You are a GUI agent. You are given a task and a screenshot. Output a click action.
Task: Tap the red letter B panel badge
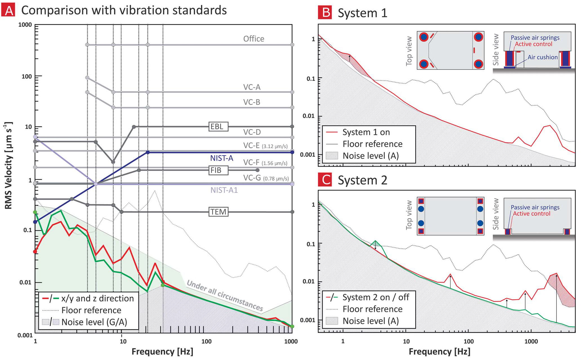(325, 13)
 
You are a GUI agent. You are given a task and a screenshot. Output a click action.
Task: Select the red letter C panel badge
(325, 180)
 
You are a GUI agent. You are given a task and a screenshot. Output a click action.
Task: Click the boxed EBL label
(218, 127)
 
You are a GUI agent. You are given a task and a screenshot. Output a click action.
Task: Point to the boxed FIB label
(218, 170)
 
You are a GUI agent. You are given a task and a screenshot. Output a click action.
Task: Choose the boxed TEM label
(218, 212)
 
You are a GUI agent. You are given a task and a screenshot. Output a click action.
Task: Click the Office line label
(254, 39)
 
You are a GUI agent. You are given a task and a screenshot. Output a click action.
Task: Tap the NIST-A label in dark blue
(221, 158)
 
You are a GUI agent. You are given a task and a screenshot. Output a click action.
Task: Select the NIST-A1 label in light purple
(224, 190)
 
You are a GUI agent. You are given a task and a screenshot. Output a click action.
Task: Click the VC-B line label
(252, 102)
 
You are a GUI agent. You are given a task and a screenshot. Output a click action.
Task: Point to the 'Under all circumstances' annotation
(225, 296)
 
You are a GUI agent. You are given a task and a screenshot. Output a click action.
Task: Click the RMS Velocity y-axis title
(8, 166)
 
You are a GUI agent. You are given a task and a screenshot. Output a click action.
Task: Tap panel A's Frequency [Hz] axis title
(162, 352)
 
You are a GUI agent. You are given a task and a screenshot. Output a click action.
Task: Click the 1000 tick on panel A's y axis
(25, 25)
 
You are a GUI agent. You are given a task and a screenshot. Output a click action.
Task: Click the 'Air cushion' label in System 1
(542, 57)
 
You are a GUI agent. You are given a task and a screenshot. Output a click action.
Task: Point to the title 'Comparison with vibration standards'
(124, 10)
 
